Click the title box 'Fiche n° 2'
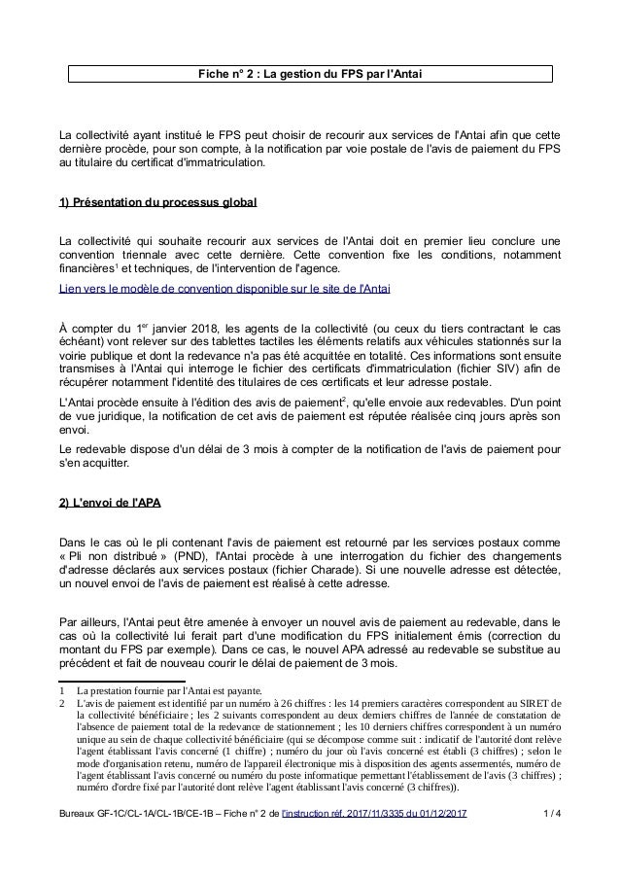[309, 74]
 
